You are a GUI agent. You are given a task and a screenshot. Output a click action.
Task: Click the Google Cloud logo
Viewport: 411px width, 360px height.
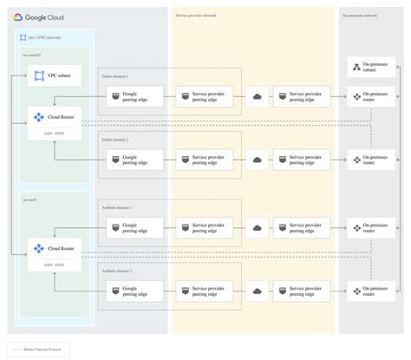point(39,16)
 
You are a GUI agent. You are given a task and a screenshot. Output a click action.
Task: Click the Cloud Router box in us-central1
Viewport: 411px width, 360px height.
point(54,120)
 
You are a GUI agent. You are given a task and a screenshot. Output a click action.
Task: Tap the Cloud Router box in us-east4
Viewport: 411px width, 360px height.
point(54,249)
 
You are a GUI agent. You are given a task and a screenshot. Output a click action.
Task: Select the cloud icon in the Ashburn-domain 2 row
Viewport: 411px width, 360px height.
point(258,291)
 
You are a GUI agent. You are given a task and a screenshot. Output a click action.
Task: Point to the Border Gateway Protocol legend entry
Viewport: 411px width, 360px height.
point(39,349)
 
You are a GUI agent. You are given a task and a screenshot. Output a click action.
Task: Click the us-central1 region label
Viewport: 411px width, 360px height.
point(32,56)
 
